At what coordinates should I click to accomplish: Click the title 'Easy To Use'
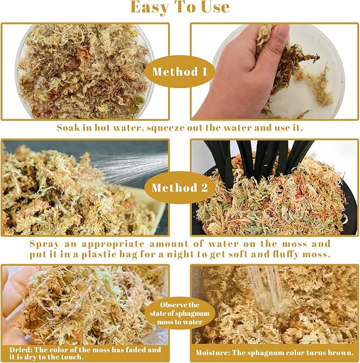[180, 7]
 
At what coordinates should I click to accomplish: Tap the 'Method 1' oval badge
[180, 71]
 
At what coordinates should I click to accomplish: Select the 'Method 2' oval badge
[180, 188]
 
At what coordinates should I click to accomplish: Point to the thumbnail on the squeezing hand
[282, 32]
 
